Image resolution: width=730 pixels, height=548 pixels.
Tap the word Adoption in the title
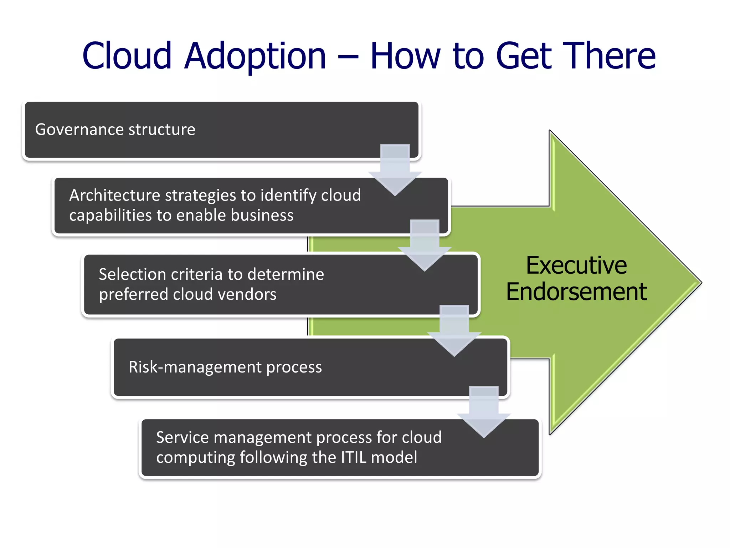255,56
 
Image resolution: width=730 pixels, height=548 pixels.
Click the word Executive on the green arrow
576,265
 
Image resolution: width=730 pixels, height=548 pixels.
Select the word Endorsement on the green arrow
576,292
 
